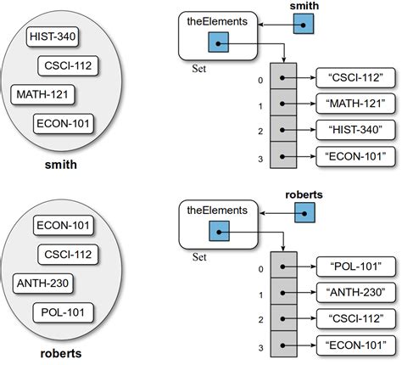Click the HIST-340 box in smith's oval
(53, 36)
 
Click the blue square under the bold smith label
(304, 26)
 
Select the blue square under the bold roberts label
(304, 215)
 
